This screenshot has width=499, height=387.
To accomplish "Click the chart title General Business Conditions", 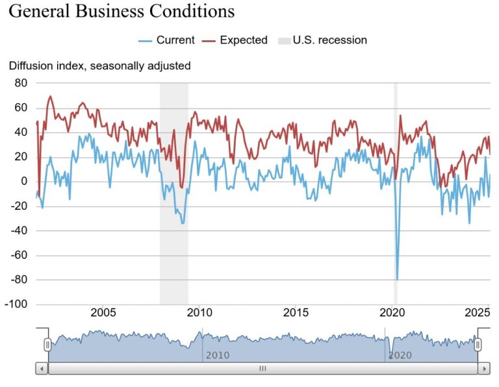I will tap(122, 12).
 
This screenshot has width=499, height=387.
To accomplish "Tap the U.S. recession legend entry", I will tap(322, 40).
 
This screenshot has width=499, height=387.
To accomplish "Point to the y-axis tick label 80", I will tap(21, 83).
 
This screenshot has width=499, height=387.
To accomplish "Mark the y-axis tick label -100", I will tap(17, 304).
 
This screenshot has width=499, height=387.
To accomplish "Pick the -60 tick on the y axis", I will tap(19, 255).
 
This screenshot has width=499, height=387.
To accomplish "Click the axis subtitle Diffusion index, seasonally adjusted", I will tap(99, 66).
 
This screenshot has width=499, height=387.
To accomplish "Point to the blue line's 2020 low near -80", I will tap(397, 279).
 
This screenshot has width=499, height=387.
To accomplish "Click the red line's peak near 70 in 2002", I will tap(50, 97).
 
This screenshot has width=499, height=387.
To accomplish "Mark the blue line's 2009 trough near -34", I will tap(183, 223).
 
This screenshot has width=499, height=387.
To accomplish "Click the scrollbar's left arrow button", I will tap(42, 368).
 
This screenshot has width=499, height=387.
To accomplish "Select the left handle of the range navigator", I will tap(47, 345).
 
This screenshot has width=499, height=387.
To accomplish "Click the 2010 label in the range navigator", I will tap(218, 355).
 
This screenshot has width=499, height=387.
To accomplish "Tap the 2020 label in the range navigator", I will tap(400, 355).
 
